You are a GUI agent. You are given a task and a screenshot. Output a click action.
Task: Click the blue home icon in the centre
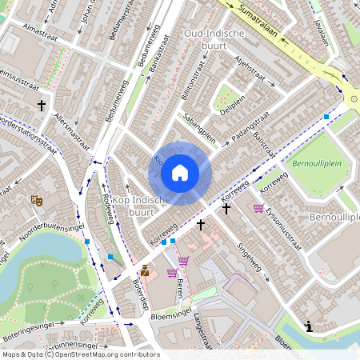180,172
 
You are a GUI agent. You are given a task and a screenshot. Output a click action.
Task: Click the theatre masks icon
35,200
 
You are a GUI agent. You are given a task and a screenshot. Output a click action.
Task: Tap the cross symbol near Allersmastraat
41,105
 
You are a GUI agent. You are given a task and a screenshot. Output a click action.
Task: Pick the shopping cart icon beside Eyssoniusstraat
258,208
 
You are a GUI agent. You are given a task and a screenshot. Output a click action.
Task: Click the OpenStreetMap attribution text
80,354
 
